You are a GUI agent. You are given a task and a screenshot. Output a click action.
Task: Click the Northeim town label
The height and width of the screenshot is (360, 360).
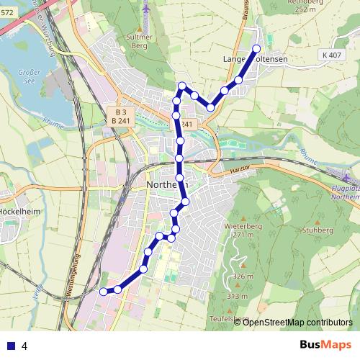click(166, 184)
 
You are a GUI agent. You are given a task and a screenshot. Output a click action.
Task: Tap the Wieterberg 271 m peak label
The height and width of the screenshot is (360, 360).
click(240, 229)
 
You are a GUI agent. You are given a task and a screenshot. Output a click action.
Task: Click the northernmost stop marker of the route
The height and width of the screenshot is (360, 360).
click(256, 49)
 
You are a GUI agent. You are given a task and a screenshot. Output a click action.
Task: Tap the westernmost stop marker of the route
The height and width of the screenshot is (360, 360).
click(104, 291)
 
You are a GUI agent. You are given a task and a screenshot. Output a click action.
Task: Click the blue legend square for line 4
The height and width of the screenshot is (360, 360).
click(9, 346)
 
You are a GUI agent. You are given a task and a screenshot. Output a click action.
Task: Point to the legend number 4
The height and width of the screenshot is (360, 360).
click(24, 346)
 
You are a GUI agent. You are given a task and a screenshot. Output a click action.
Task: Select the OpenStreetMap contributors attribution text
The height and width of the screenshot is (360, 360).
click(297, 322)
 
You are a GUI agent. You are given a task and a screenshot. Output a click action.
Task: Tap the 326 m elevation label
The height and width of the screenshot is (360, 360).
click(242, 276)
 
